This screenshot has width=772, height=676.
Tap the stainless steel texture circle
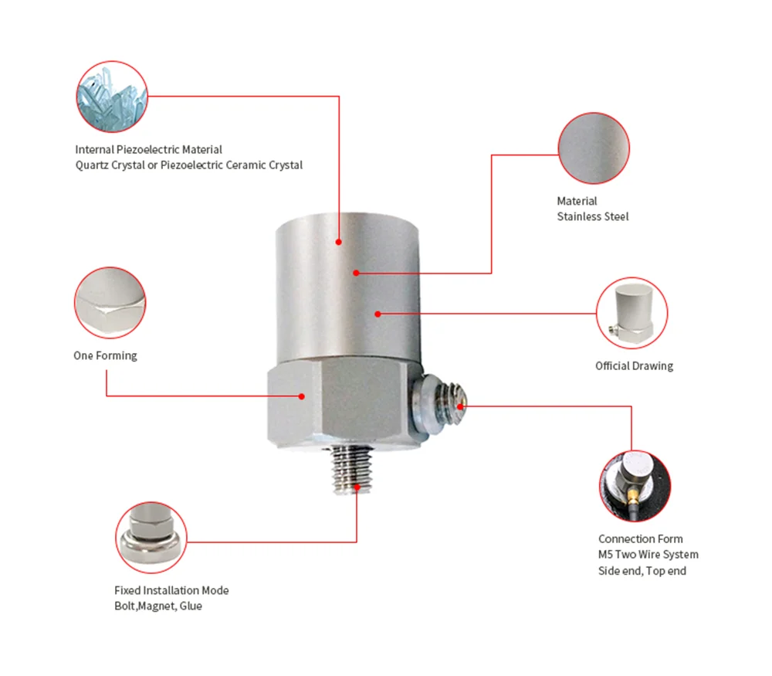point(593,148)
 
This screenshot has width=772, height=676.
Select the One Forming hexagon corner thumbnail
point(110,303)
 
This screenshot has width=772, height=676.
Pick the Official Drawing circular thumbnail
point(631,313)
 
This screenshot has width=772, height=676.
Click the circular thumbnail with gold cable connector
point(635,486)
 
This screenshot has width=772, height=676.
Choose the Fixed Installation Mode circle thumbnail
point(151,536)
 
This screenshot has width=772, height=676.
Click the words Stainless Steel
point(593,217)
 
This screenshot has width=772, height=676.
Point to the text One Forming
point(105,356)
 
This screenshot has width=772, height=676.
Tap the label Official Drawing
point(634,366)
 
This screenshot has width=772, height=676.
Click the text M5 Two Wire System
point(648,555)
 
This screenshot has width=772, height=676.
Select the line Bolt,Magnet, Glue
point(157,606)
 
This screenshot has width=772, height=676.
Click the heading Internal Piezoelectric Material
point(148,150)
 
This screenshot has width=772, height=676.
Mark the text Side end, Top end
point(642,571)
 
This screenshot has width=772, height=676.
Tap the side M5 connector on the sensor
point(440,406)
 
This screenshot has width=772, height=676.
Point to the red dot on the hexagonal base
point(302,396)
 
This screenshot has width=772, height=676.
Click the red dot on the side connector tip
point(461,406)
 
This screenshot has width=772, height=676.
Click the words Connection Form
point(640,539)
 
